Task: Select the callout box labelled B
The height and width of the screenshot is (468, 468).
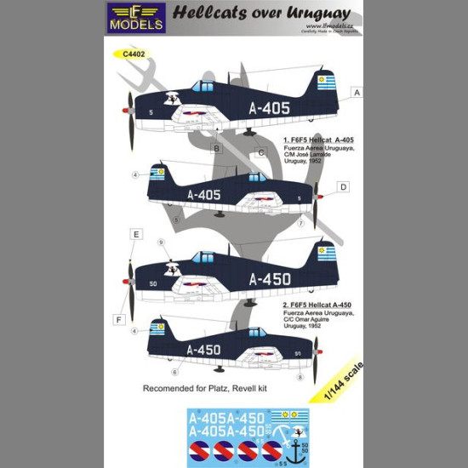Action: tap(217, 149)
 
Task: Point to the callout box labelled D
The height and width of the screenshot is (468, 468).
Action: tap(343, 186)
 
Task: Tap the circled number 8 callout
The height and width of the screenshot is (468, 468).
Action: tap(300, 375)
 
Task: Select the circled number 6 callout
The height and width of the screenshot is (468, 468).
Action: tap(174, 372)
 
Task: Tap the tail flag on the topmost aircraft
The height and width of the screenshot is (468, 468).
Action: tap(326, 83)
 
